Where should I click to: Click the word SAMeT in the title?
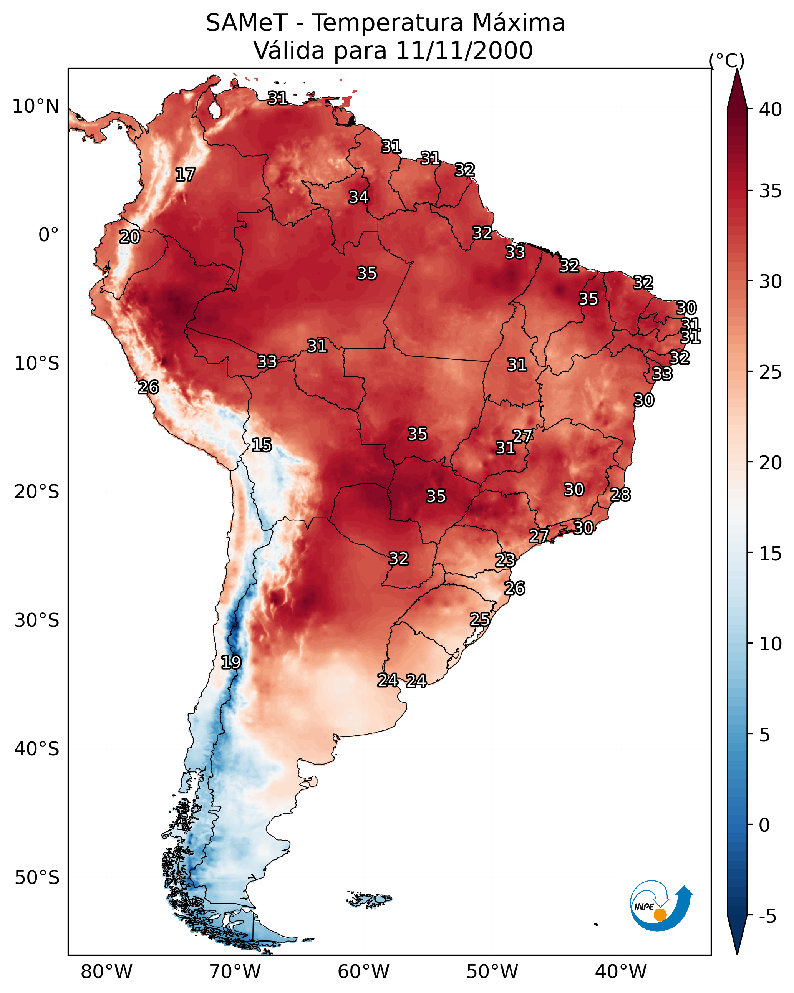pyautogui.click(x=247, y=23)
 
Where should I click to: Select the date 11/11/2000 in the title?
pyautogui.click(x=464, y=51)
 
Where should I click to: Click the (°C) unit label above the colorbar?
pyautogui.click(x=726, y=60)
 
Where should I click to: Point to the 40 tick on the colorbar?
pyautogui.click(x=771, y=109)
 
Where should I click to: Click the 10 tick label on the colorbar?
pyautogui.click(x=771, y=644)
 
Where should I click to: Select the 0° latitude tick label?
pyautogui.click(x=49, y=235)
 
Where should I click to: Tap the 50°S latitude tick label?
pyautogui.click(x=37, y=878)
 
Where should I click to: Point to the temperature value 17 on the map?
pyautogui.click(x=185, y=175)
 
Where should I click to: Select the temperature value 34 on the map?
pyautogui.click(x=358, y=197)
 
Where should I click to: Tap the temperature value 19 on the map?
pyautogui.click(x=231, y=662)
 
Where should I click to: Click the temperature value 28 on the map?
pyautogui.click(x=620, y=495)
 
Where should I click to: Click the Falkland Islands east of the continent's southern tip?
pyautogui.click(x=370, y=898)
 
